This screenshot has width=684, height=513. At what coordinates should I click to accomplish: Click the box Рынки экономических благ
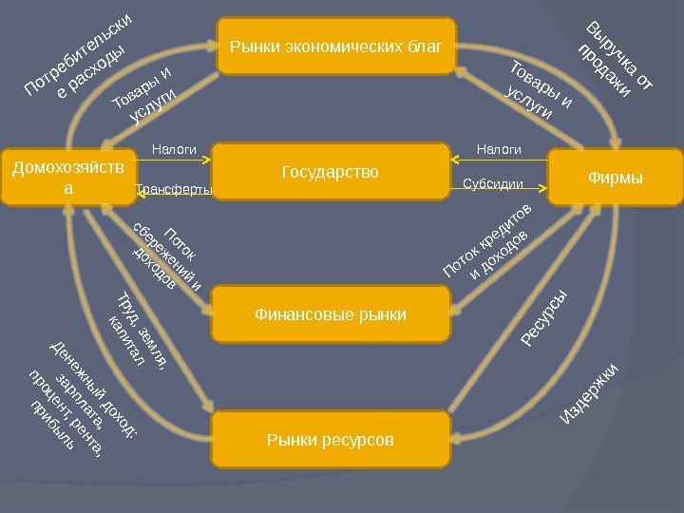(x=336, y=45)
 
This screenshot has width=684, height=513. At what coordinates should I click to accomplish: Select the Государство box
(x=330, y=172)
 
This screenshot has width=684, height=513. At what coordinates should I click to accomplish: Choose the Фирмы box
(x=616, y=177)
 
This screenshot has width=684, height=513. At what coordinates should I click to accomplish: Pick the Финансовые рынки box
(x=330, y=313)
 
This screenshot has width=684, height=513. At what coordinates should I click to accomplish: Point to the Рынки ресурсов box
(x=330, y=440)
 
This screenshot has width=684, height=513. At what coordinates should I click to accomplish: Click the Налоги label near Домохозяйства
(x=174, y=150)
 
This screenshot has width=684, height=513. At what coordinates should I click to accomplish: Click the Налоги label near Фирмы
(x=499, y=150)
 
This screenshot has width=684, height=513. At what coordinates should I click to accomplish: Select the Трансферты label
(x=174, y=191)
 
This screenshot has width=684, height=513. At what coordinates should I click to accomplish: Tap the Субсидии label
(x=493, y=183)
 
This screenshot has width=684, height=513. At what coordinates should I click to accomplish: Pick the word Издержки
(x=590, y=392)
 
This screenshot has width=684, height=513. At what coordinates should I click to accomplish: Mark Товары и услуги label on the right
(x=536, y=90)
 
